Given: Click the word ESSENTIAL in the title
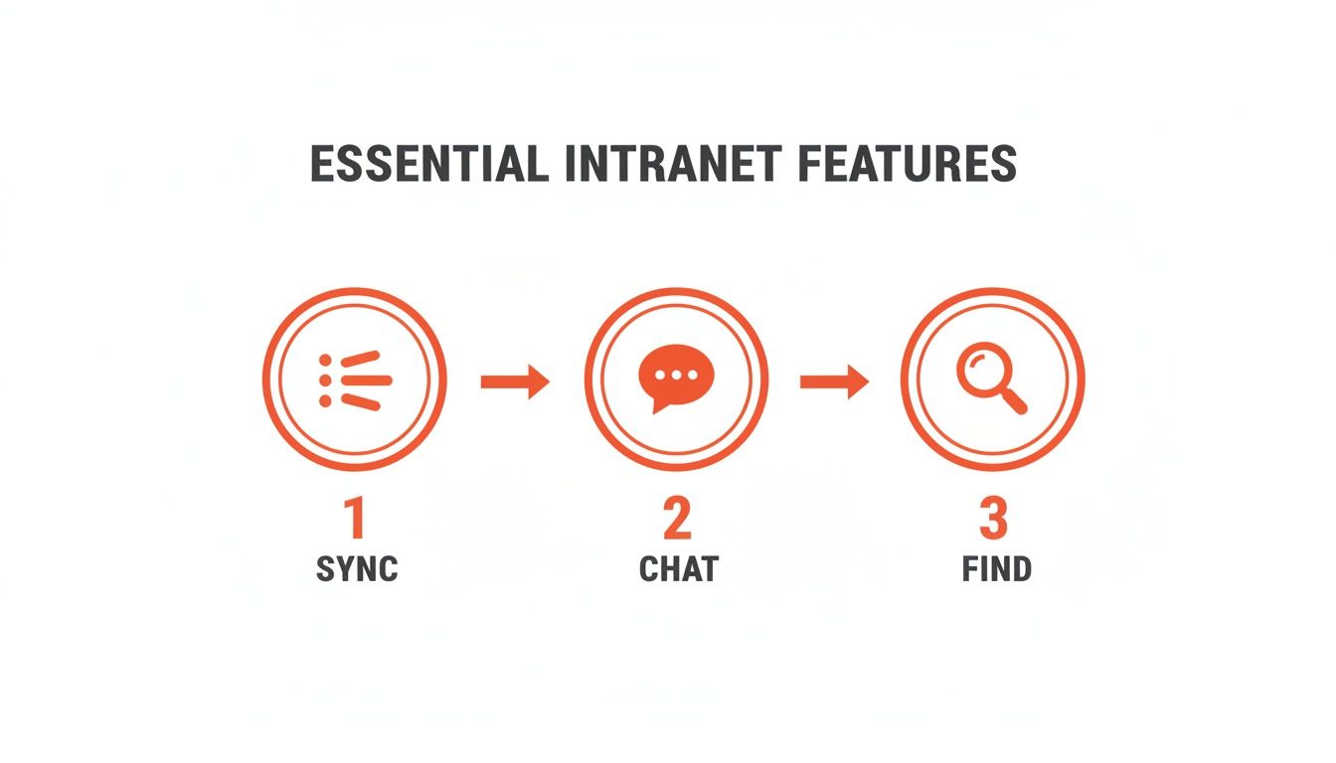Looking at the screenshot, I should [429, 164].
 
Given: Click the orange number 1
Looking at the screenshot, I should [354, 520].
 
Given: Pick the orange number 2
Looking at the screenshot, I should [676, 520].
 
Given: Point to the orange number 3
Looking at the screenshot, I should [993, 520].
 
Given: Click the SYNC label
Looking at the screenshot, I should [356, 570].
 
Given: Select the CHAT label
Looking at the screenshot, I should [678, 570].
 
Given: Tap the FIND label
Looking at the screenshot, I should [996, 570].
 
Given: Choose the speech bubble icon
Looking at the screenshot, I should [675, 378].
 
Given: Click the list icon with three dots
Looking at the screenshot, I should [355, 380].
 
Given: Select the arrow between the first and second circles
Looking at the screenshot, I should [515, 381].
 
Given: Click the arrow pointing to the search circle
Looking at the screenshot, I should [834, 381].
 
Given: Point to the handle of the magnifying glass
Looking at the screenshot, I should [1013, 399].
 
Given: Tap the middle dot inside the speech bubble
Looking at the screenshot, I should [675, 376].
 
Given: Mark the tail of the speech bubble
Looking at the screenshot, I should [656, 405].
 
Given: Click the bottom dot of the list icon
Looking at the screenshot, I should [325, 399].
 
